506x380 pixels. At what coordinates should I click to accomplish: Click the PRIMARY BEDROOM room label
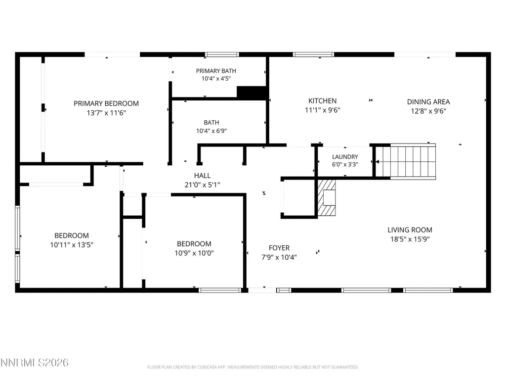coord(106,103)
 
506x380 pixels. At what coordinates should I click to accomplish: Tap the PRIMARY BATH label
coord(216,71)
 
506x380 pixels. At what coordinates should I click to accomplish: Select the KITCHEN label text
coord(322,101)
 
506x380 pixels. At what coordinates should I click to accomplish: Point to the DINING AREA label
coord(428,102)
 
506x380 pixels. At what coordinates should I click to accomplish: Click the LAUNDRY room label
coord(345,157)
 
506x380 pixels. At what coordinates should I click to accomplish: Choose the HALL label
coord(202,176)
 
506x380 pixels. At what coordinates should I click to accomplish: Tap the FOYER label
coord(279,248)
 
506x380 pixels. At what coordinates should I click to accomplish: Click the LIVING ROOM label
coord(410,230)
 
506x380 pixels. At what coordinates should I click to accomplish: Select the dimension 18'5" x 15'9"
coord(410,239)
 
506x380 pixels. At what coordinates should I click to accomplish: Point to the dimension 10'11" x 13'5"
coord(72,245)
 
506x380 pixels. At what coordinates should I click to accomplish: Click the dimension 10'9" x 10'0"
coord(194,253)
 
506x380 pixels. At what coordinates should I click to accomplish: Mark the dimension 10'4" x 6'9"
coord(211,131)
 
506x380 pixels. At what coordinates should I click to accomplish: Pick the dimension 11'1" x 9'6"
coord(322,110)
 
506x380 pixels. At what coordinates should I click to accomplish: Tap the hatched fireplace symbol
coord(327,198)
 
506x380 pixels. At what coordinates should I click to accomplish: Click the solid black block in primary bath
coord(252,92)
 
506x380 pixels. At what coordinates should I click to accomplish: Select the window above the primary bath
coord(222,54)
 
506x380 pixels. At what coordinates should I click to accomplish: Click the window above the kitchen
coord(313,54)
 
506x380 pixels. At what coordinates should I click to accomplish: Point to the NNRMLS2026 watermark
coord(34,363)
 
